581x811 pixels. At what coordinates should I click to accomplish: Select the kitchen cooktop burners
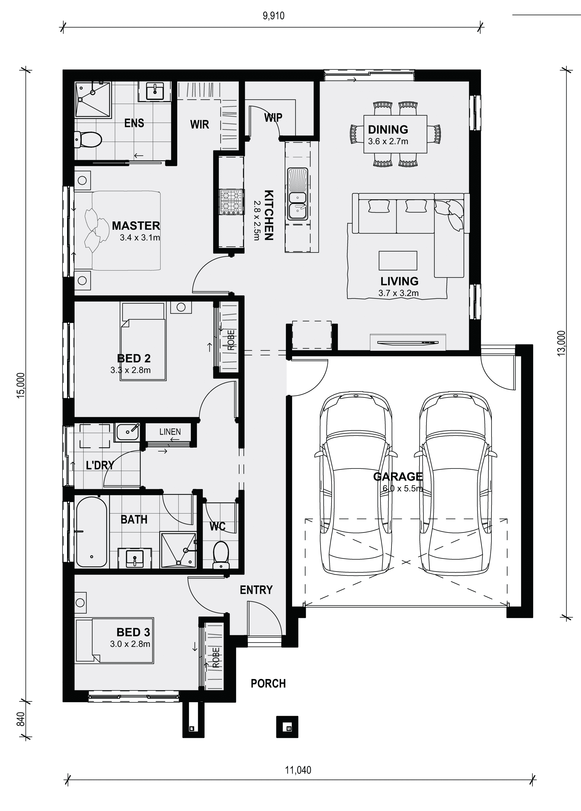click(231, 202)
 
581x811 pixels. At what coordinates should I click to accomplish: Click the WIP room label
click(273, 117)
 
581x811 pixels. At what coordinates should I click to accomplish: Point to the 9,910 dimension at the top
click(273, 16)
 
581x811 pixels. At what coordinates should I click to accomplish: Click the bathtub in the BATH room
click(91, 531)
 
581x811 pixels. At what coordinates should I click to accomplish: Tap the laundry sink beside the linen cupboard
click(127, 432)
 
